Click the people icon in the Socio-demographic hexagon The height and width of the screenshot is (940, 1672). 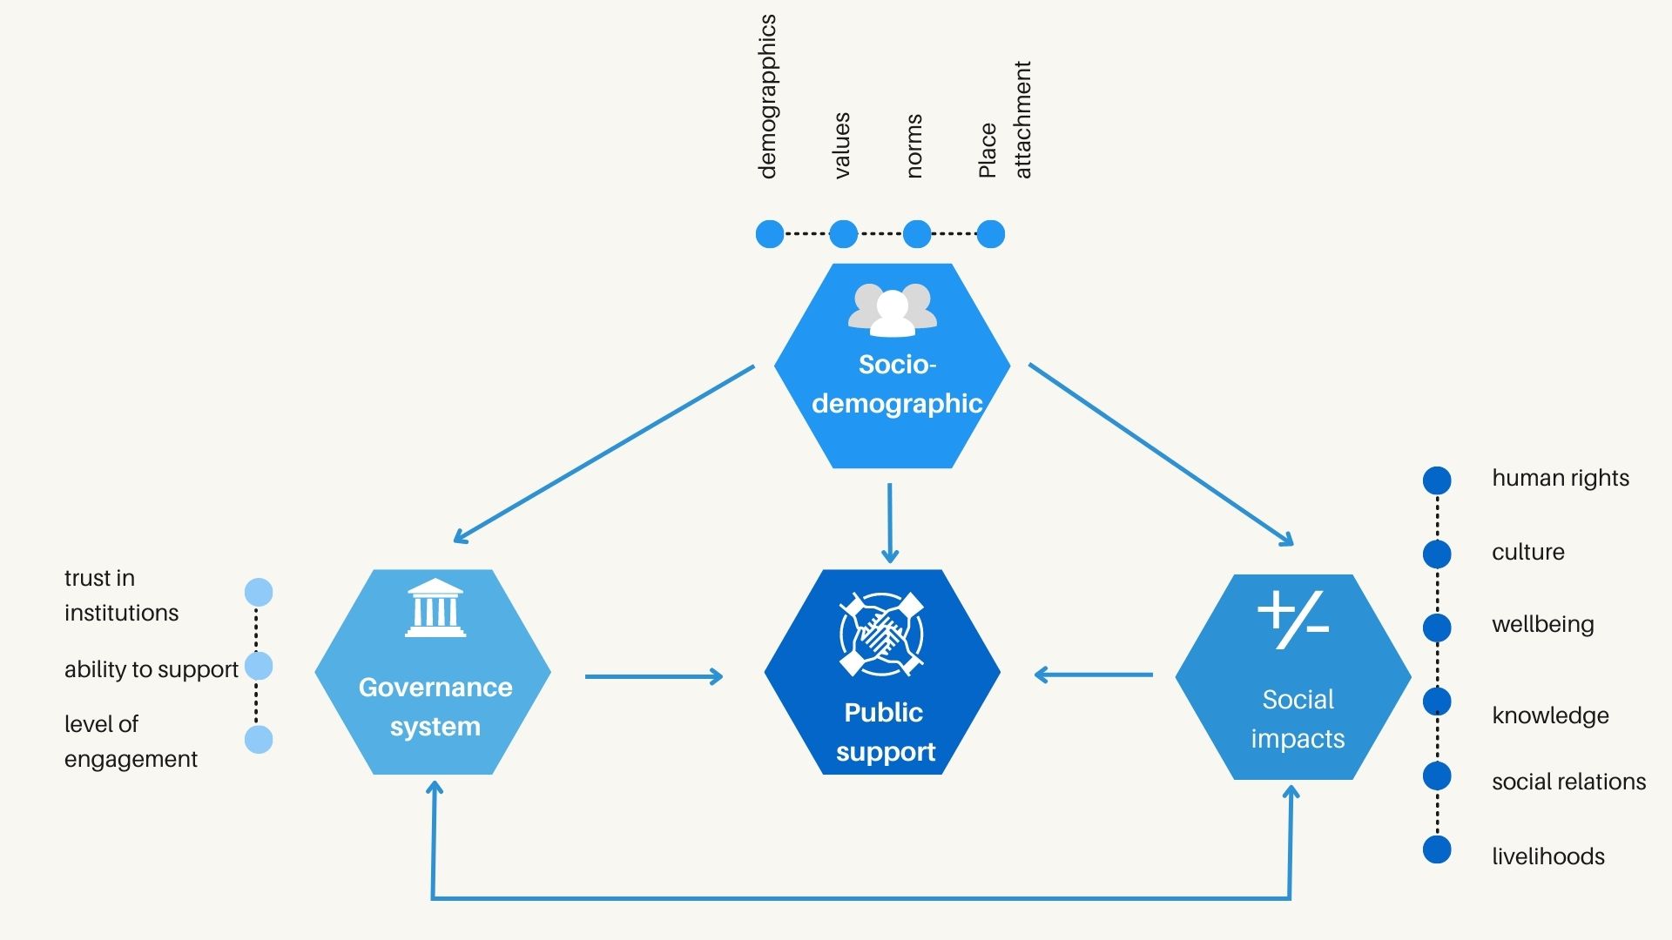click(x=893, y=310)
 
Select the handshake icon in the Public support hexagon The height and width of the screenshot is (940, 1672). click(x=881, y=634)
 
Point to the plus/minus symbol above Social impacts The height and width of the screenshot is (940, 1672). click(x=1293, y=619)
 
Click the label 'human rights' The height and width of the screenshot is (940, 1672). click(x=1560, y=478)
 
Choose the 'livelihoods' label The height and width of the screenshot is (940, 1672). click(x=1547, y=856)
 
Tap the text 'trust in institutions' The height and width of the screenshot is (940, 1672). click(x=121, y=595)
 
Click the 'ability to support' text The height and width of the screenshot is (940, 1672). click(x=151, y=669)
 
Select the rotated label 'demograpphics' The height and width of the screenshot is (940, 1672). click(x=767, y=97)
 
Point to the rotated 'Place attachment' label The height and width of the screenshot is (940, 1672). click(x=1005, y=120)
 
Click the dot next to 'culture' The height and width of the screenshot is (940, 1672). click(x=1437, y=554)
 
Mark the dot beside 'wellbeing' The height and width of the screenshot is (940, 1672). click(x=1437, y=628)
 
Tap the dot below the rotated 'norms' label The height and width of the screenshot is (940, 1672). click(x=917, y=234)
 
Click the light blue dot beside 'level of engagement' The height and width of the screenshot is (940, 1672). click(x=259, y=740)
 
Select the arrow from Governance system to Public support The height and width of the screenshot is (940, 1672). click(x=653, y=676)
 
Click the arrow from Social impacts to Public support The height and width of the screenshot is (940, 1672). click(x=1094, y=675)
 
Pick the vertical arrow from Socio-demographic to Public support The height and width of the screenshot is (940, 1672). click(x=889, y=522)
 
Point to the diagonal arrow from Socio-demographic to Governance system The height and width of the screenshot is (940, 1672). click(x=604, y=453)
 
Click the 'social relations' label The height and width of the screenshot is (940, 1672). click(x=1568, y=782)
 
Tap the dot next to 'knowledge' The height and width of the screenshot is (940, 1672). click(x=1437, y=702)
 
